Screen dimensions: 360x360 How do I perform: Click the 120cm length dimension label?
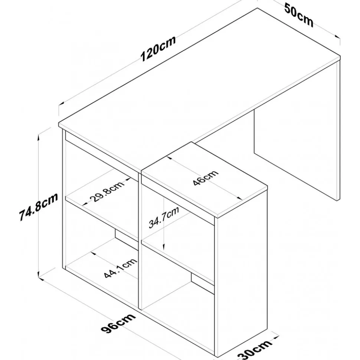coord(158,49)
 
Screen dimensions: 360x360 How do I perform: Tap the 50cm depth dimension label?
coord(299,15)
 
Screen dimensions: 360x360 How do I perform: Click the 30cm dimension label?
coord(255,349)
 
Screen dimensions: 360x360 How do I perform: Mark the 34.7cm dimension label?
coord(163,218)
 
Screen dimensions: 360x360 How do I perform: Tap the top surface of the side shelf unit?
coord(204,179)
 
